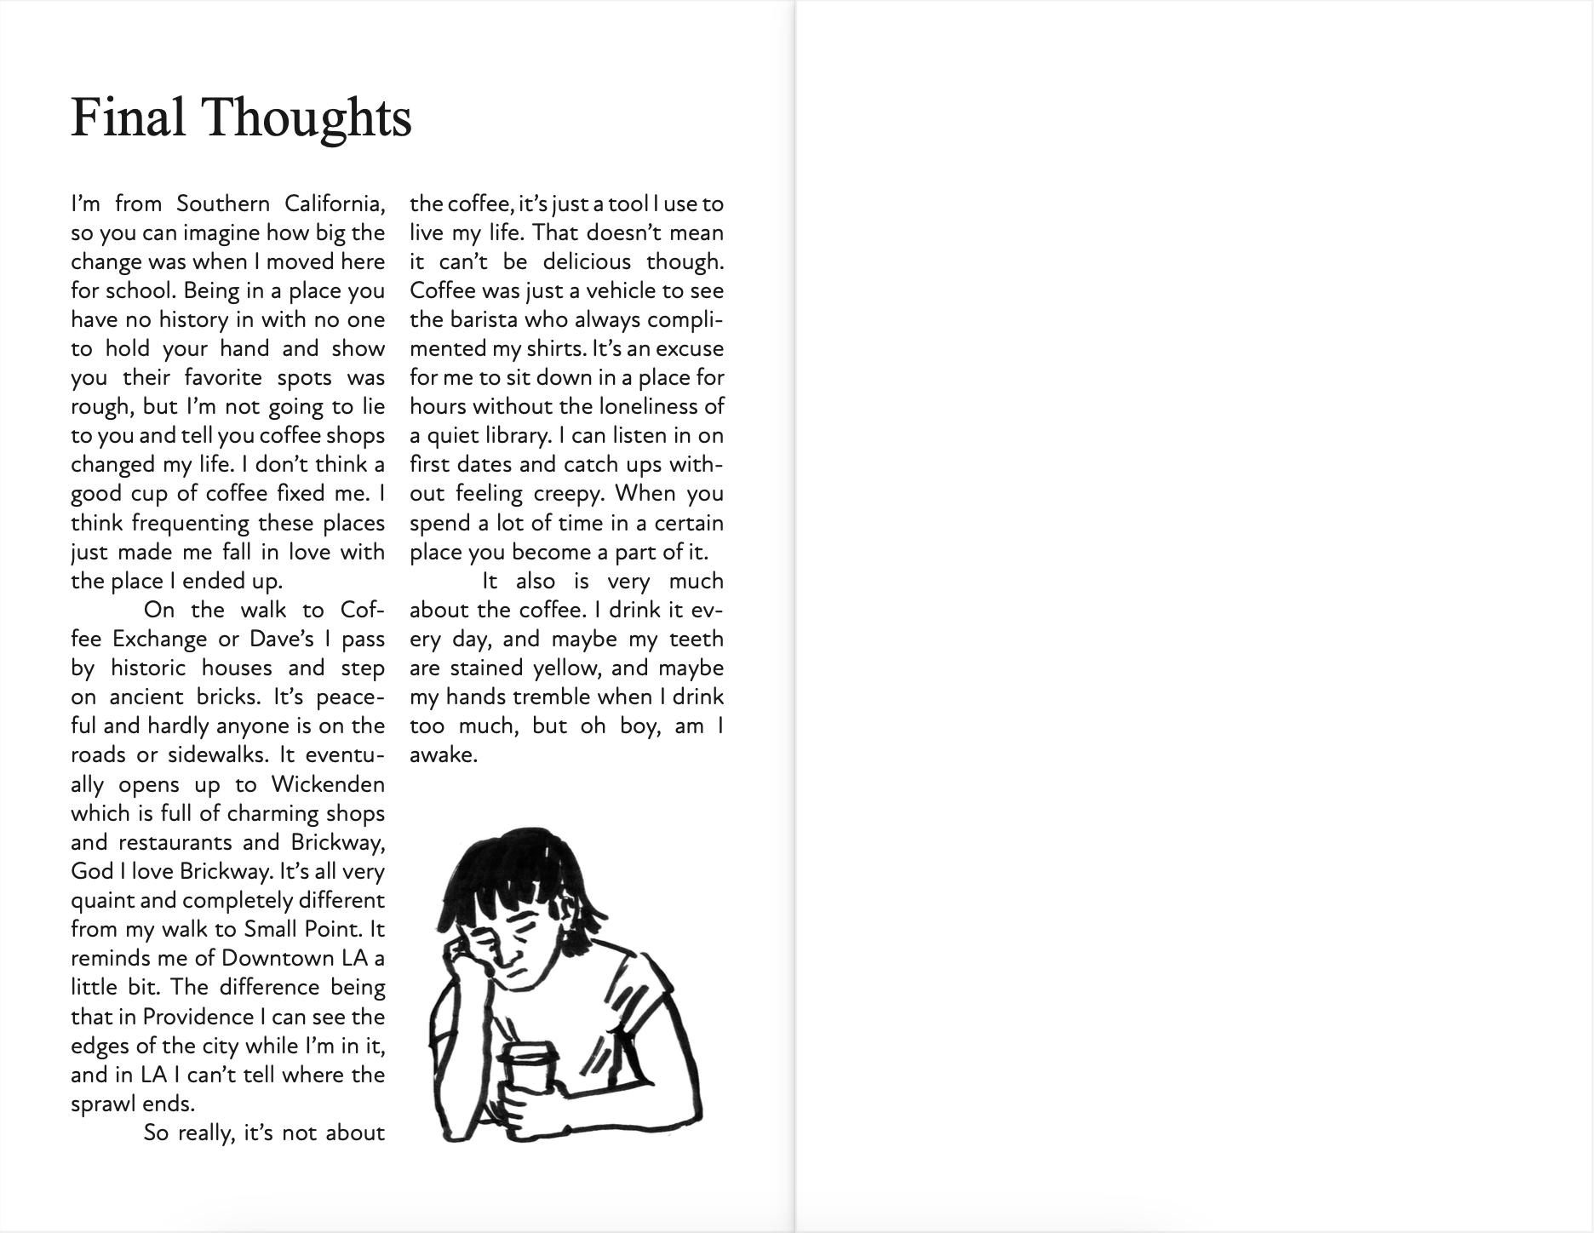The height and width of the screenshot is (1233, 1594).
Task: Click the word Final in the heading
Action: coord(128,118)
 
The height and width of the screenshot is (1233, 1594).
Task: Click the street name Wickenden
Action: coord(328,784)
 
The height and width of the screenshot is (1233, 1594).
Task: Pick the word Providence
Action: coord(204,1017)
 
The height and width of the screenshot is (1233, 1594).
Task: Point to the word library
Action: coord(507,436)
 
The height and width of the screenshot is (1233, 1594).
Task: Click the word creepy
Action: coord(568,494)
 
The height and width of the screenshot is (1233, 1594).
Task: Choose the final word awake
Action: coord(442,755)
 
